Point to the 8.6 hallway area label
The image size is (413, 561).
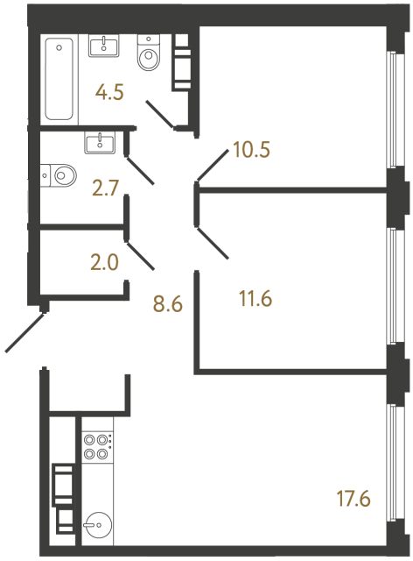[166, 306]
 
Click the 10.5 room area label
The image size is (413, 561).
[251, 149]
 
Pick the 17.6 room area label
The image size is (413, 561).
[353, 501]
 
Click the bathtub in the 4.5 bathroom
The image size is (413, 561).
[60, 78]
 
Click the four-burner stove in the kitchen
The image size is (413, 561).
[96, 447]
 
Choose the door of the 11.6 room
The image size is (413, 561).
[213, 245]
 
